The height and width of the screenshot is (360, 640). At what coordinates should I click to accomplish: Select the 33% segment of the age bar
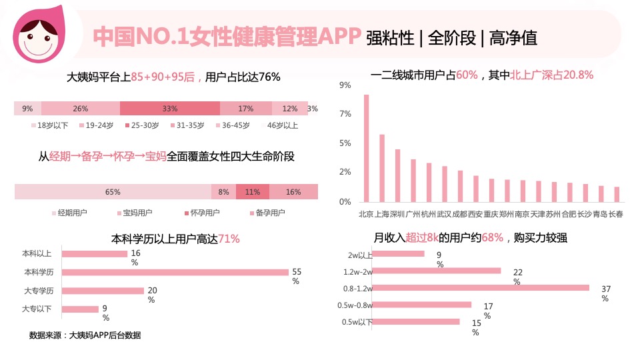coord(170,109)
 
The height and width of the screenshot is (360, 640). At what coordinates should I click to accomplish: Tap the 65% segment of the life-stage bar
coord(113,192)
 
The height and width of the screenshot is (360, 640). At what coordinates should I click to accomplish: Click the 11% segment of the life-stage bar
coord(252,192)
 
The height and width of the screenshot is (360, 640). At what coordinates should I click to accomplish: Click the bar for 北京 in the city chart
coord(366,148)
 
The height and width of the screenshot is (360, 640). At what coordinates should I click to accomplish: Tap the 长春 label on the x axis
coord(616,215)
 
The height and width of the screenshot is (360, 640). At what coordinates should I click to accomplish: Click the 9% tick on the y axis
coord(345,85)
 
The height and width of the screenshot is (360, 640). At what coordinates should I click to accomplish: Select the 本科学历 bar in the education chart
coord(175,272)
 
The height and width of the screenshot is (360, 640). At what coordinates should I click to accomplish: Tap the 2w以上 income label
coord(360,255)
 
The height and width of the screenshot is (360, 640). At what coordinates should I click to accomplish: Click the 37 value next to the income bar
coord(605,289)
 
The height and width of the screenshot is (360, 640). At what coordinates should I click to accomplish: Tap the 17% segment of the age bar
coord(246,109)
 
